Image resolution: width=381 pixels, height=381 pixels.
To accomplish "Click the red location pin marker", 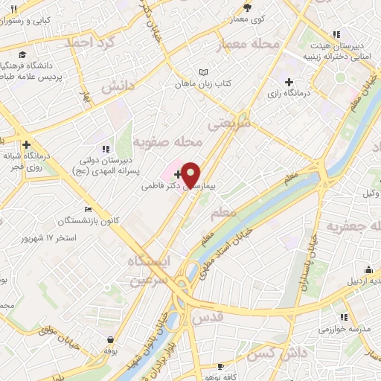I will click(x=191, y=174).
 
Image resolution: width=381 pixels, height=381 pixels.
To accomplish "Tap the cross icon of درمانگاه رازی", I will click(x=288, y=81).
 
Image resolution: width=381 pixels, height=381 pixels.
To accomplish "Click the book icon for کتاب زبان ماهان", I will click(x=202, y=73).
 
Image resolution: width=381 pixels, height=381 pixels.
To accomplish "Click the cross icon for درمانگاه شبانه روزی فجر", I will click(x=26, y=144).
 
